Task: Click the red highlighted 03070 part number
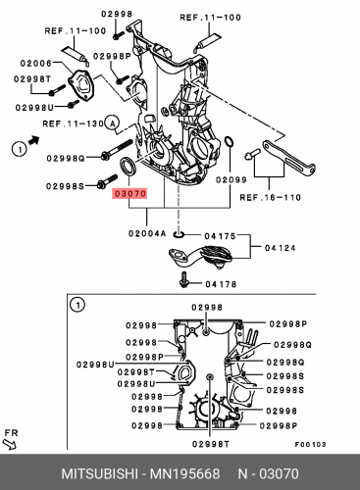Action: [x=129, y=195]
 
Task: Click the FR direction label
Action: [x=13, y=432]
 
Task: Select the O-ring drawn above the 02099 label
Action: [x=229, y=150]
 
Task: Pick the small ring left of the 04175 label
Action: [x=179, y=235]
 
